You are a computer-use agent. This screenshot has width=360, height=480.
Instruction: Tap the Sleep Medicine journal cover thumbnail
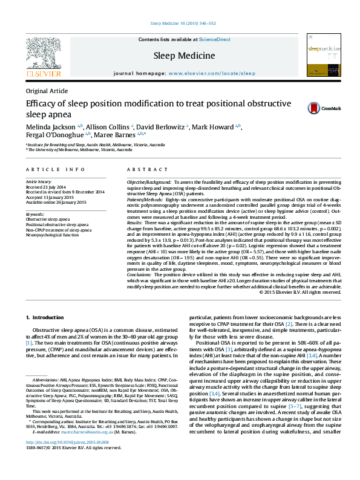(324, 54)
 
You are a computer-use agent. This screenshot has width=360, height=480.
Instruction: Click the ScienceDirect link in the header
(216, 39)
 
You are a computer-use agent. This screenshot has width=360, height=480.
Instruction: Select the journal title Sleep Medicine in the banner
(184, 56)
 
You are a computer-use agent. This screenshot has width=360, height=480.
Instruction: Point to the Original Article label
(47, 91)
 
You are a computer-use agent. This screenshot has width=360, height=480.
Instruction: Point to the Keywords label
(36, 214)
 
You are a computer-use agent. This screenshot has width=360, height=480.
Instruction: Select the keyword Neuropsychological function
(52, 235)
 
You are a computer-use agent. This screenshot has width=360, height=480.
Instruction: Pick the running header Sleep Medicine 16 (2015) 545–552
(180, 24)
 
